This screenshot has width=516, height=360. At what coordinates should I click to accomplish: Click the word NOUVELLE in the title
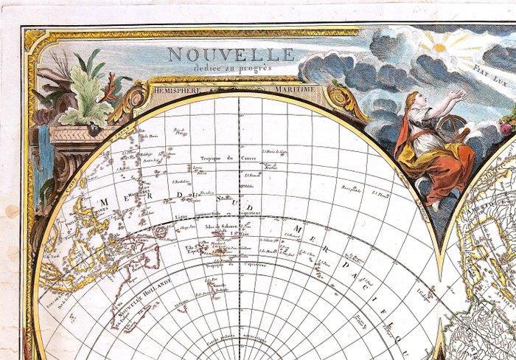tap(231, 55)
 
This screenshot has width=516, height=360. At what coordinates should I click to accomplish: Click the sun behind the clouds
tap(442, 46)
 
